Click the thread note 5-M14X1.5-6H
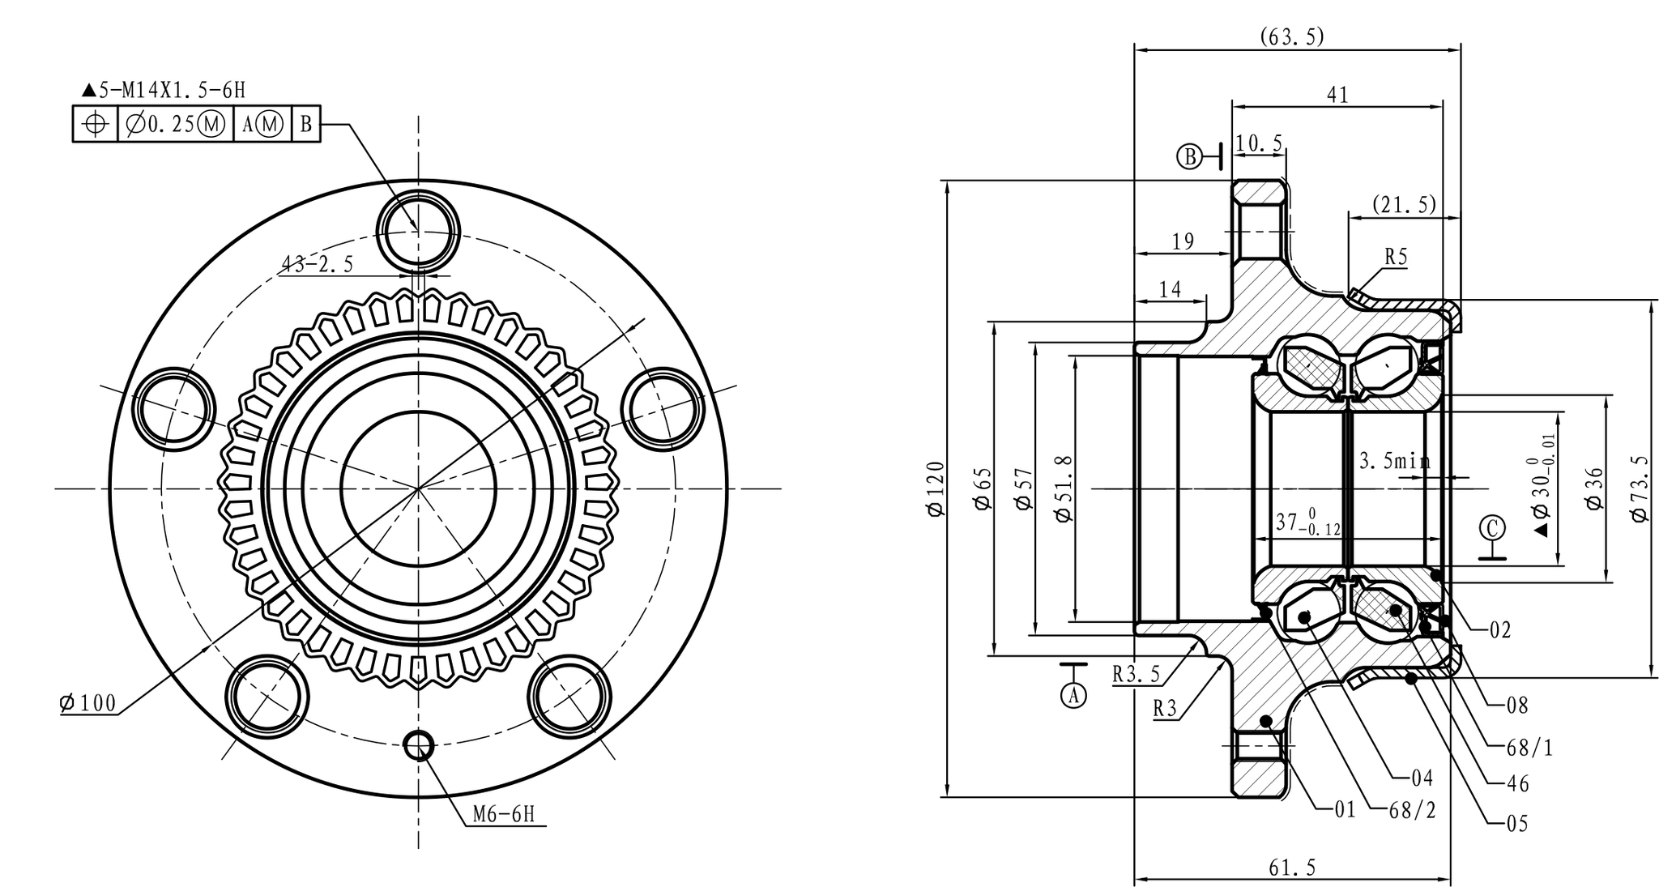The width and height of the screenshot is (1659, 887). (x=164, y=90)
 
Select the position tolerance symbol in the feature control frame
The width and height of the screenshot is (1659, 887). (x=96, y=124)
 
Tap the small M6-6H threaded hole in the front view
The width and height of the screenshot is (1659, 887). (x=419, y=745)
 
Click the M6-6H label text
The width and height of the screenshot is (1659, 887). (x=504, y=814)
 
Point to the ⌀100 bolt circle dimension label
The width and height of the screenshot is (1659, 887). (x=87, y=703)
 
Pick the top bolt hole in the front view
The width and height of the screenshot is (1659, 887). (x=419, y=231)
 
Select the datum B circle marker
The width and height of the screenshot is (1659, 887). (x=1190, y=156)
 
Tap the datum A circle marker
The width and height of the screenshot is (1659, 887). (x=1074, y=695)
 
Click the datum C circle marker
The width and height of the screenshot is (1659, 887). (x=1491, y=528)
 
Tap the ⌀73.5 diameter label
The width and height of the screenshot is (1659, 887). (x=1640, y=488)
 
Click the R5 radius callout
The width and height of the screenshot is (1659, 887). (x=1396, y=257)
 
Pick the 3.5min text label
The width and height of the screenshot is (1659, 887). (x=1395, y=461)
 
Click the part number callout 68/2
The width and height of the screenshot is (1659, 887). (x=1412, y=810)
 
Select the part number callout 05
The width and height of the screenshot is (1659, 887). (x=1517, y=825)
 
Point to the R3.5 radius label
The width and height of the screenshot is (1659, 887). (x=1136, y=674)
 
